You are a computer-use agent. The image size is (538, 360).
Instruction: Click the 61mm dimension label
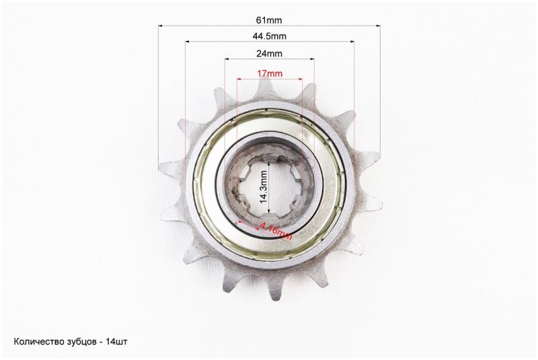coord(269,20)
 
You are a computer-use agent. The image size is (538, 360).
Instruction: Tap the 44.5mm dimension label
coord(270,36)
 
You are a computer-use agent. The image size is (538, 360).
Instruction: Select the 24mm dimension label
coord(270,54)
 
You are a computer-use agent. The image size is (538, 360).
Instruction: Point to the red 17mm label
coord(270,73)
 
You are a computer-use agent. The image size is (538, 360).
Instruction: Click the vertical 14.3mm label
coord(264,187)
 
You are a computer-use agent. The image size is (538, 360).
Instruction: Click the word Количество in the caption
coord(38,341)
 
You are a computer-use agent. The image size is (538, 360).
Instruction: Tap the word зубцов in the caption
coord(79,342)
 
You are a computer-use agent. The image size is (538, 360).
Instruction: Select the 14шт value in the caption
coord(116,341)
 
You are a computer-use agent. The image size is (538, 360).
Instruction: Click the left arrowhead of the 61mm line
coord(160,26)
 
